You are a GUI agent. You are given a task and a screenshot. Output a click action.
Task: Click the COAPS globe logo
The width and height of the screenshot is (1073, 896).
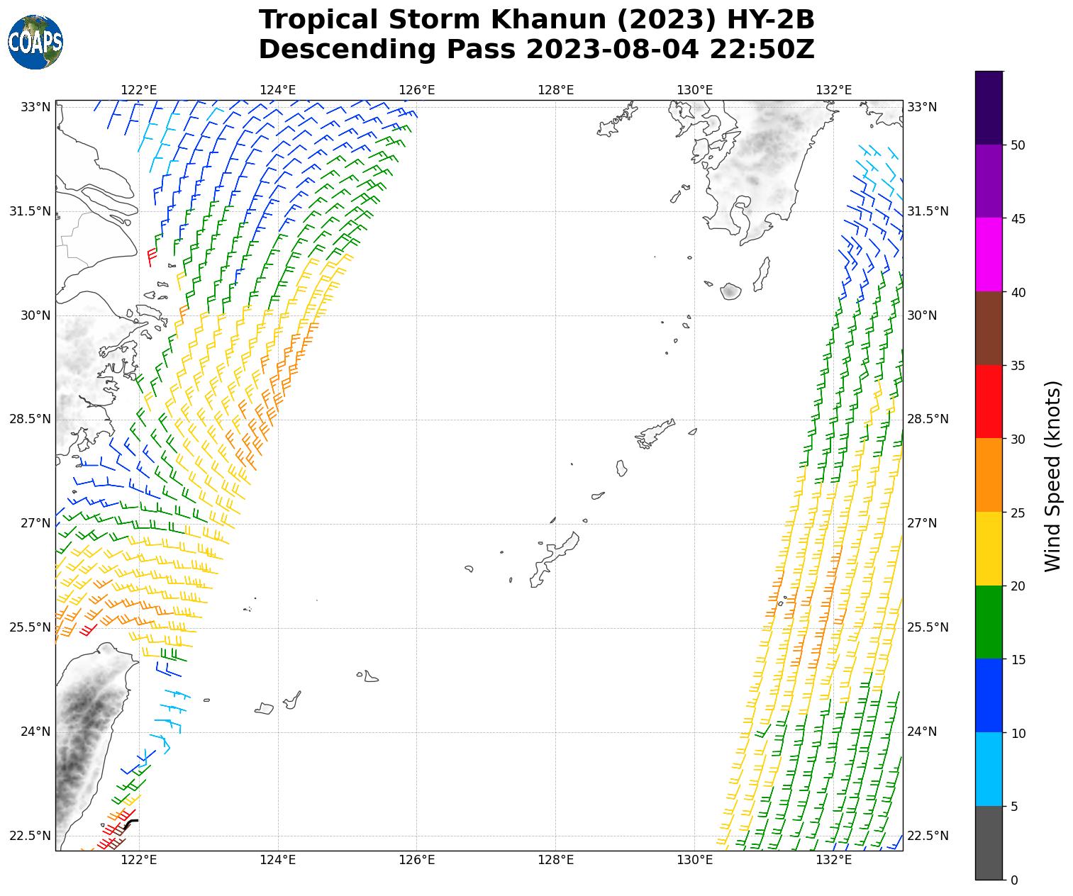click(35, 42)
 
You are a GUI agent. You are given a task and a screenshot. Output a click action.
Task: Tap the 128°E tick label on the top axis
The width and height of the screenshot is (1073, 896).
click(555, 90)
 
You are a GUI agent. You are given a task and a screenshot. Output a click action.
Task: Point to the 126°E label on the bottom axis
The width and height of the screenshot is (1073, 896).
click(416, 861)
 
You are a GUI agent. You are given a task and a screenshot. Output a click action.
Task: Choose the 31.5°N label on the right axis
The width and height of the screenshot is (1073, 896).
click(928, 211)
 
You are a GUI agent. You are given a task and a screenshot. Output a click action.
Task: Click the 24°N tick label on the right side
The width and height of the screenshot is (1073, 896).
click(922, 732)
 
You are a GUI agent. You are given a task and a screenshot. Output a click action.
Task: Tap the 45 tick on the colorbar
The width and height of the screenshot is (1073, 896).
click(1018, 219)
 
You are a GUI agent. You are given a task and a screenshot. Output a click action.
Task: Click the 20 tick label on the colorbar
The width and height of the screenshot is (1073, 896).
click(1018, 586)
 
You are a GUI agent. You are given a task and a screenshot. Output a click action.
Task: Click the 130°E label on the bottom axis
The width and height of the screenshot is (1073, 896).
click(694, 861)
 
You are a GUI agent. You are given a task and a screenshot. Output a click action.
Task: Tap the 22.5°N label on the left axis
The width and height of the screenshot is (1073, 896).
click(30, 836)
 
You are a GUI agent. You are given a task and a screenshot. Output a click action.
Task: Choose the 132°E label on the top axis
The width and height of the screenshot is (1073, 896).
click(833, 90)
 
